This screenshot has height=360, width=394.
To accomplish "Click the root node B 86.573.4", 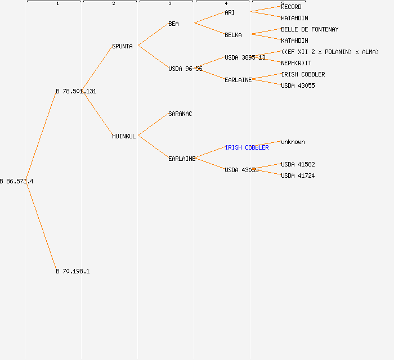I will [x=17, y=181].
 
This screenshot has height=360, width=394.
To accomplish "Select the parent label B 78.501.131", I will [x=76, y=91].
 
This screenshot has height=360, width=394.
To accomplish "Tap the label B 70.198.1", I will [x=73, y=271].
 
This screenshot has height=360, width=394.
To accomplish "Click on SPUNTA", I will [x=122, y=46].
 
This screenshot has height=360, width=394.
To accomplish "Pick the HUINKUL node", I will [x=124, y=136].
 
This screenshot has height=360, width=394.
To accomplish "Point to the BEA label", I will [x=173, y=24].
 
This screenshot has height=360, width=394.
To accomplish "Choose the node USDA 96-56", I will [x=185, y=69].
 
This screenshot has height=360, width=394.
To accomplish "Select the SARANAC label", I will [x=180, y=114].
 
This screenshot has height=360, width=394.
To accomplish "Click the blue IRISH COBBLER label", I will [x=247, y=147].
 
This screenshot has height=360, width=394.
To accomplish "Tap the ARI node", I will [x=230, y=12].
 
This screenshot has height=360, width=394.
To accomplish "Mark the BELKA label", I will [x=233, y=35].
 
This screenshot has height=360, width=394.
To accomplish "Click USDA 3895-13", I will [x=245, y=57].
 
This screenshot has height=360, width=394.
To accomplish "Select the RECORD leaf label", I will [x=291, y=7].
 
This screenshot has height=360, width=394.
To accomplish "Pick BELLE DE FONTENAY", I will [x=310, y=29].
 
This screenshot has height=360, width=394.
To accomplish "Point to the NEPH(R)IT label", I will [x=296, y=63].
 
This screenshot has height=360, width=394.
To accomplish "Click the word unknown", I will [x=293, y=142].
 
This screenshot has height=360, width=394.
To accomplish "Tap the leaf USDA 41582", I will [x=298, y=164].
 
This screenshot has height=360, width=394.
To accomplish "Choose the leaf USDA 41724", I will [x=298, y=175].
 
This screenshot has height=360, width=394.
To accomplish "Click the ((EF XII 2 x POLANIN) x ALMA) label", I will [x=330, y=52].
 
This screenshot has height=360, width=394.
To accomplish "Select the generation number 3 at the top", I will [x=169, y=4].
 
